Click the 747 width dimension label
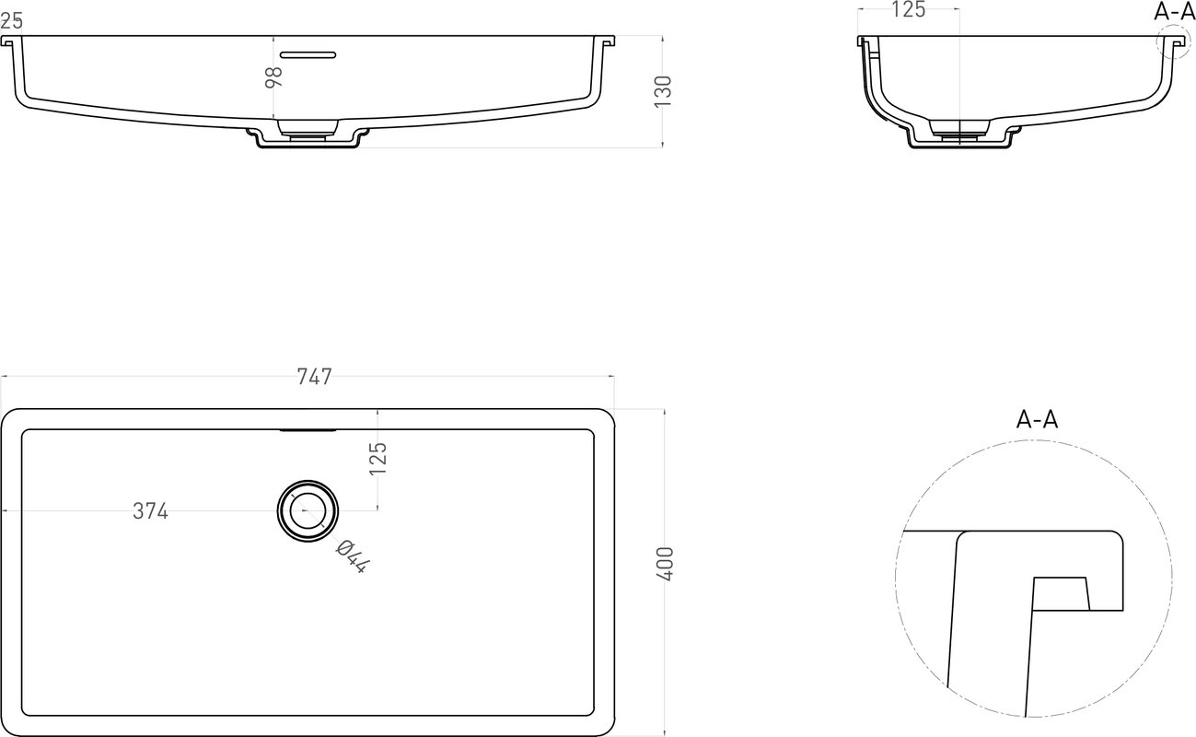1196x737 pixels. [315, 377]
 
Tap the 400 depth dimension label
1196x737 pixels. [666, 564]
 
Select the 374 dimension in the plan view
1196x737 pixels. [151, 511]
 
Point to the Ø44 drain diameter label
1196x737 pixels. [353, 556]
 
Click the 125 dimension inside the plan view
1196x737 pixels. [378, 458]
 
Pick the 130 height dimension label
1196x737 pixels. [663, 91]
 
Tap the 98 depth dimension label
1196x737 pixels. [273, 77]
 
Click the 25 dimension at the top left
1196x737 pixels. [11, 21]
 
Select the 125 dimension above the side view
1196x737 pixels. [908, 9]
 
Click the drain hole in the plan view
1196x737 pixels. [308, 510]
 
